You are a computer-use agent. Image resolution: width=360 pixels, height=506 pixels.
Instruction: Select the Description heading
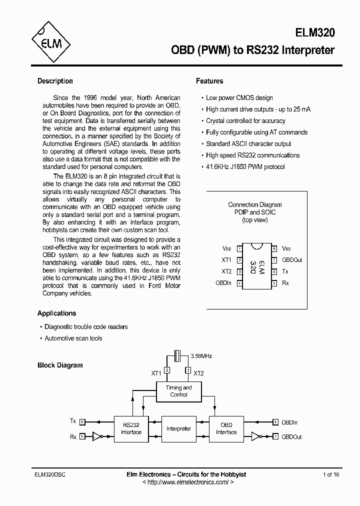[55, 81]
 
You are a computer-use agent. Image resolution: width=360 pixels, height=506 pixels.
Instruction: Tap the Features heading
[209, 81]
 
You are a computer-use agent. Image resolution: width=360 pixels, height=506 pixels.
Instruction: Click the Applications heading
[57, 313]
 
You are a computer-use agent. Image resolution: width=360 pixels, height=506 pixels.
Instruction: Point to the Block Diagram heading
[60, 365]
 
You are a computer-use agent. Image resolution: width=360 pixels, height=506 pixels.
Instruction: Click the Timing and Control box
[178, 391]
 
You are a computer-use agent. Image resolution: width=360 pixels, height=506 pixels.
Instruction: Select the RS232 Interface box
[131, 428]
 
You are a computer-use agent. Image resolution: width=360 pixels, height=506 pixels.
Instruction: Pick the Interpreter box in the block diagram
[178, 428]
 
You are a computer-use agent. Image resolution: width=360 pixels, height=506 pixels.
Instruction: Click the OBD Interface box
[226, 428]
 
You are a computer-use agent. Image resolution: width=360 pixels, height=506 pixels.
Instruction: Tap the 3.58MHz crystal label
[201, 356]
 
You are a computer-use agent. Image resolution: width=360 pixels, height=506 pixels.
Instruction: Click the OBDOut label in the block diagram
[291, 436]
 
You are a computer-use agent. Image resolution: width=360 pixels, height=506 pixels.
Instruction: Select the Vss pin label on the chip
[286, 248]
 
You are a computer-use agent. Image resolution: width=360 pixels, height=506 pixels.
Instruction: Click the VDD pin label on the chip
[226, 248]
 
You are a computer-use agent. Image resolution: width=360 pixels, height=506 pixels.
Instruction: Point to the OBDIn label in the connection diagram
[223, 283]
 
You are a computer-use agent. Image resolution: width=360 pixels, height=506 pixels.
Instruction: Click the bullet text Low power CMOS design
[239, 98]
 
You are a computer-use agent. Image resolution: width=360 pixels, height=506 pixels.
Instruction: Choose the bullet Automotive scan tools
[73, 338]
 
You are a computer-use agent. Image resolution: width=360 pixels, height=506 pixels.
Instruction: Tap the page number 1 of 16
[331, 474]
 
